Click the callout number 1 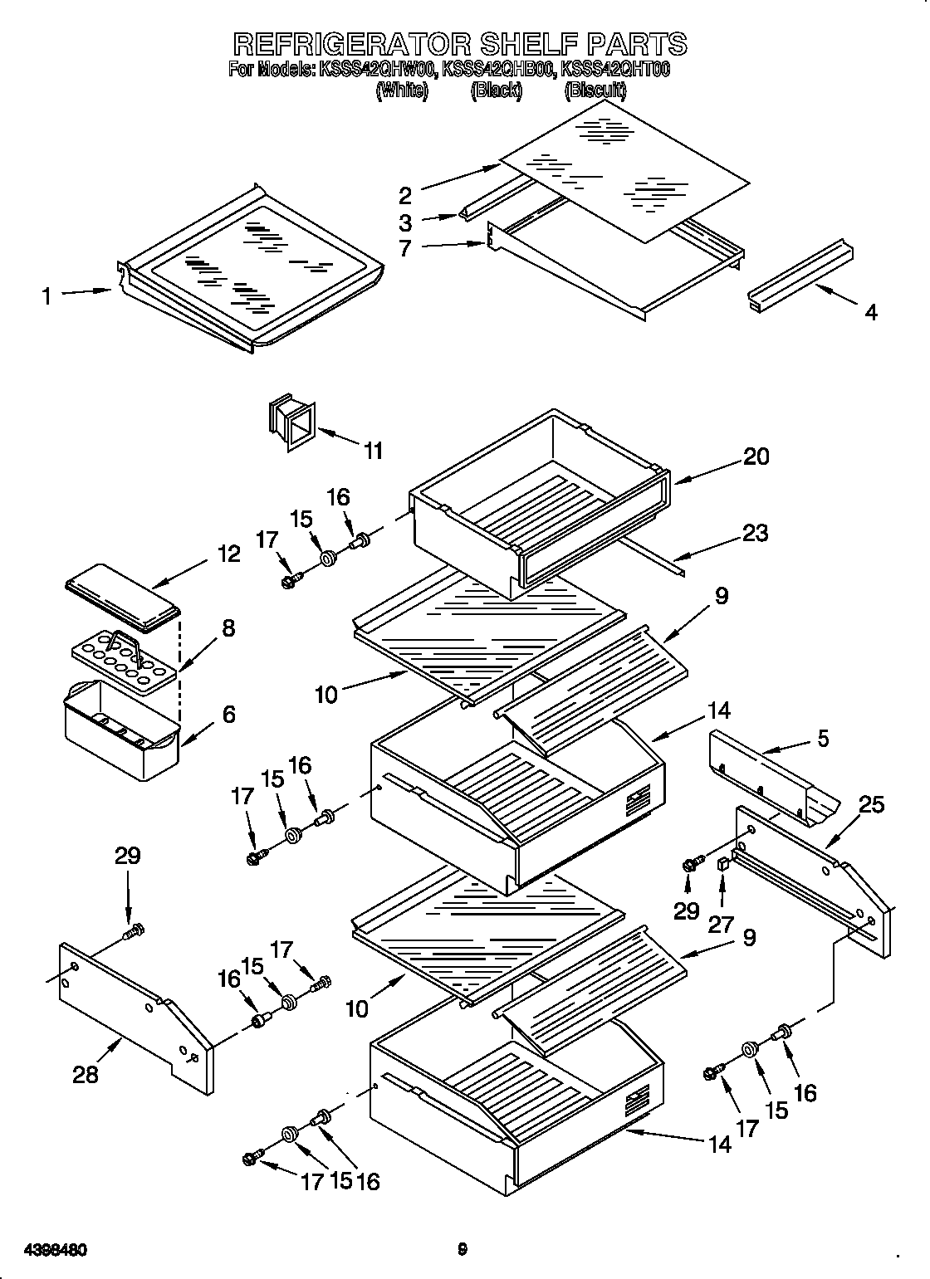47,295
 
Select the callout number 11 374,451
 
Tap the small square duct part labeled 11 291,424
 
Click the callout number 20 756,456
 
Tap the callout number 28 86,1074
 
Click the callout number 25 871,804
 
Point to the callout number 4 870,312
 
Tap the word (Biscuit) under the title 595,91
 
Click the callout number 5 822,738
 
